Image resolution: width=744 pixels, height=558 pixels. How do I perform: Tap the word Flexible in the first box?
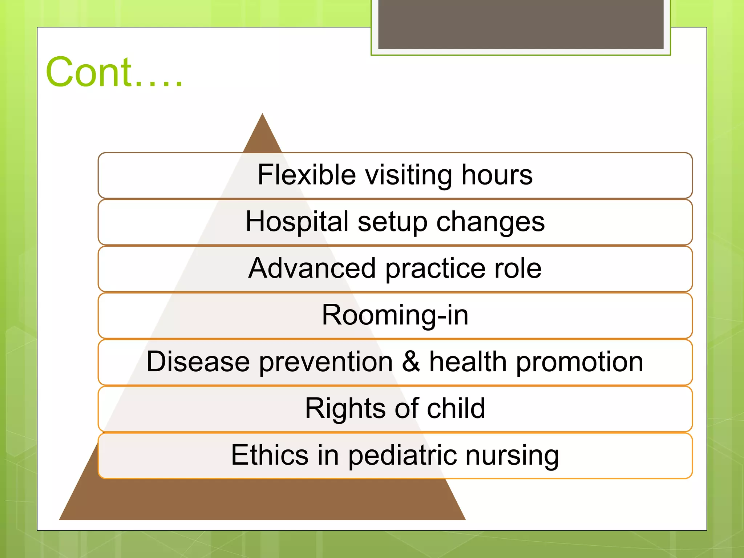307,175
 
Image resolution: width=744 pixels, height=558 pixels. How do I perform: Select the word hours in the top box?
497,175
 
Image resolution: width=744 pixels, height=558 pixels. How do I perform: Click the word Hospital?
297,222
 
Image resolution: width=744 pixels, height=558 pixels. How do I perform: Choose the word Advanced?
312,268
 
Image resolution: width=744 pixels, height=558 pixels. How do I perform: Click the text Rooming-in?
395,315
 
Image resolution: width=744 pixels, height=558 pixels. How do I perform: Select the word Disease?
198,361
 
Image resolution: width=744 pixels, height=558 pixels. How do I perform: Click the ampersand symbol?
411,361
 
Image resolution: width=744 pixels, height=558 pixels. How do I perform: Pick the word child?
456,408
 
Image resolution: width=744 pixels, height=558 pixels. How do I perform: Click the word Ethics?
270,455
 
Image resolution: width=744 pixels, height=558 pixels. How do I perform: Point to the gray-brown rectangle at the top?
521,24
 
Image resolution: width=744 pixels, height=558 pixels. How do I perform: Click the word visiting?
408,175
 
